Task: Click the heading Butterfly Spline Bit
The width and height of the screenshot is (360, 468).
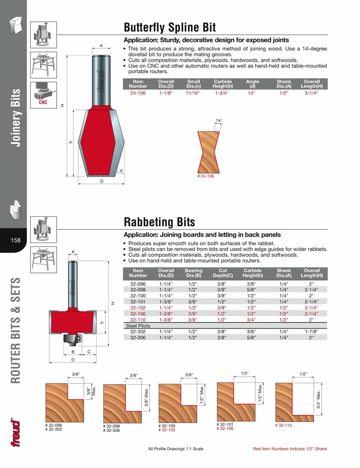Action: click(170, 27)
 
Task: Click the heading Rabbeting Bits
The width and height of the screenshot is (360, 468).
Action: click(159, 222)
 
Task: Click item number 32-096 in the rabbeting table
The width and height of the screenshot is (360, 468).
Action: click(138, 284)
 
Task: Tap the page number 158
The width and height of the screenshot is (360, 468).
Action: click(16, 240)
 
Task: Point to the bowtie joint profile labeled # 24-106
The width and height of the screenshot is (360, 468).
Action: click(209, 152)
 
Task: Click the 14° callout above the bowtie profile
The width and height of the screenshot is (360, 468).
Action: click(218, 121)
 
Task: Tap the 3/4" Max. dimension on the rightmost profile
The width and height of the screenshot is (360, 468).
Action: click(319, 398)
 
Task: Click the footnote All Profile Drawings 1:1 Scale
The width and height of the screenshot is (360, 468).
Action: click(176, 449)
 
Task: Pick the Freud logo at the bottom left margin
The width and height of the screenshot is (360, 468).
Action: click(16, 433)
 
